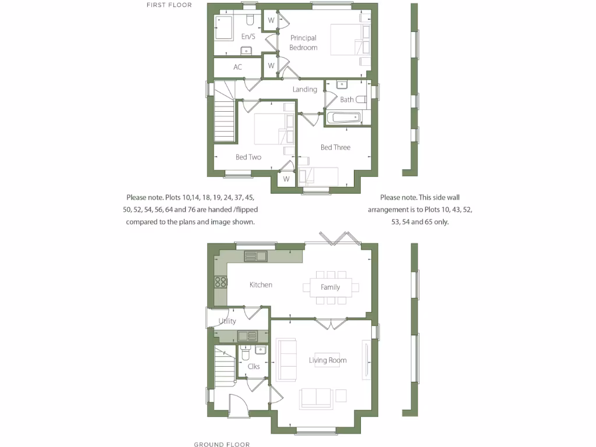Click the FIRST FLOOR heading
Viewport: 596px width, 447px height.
[x=169, y=5]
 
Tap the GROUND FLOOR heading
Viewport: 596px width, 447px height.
[x=222, y=444]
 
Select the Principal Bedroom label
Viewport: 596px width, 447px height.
[x=303, y=42]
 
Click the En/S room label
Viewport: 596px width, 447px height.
[x=248, y=37]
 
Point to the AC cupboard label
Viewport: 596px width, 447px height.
[x=237, y=68]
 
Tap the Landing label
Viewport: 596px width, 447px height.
[x=304, y=89]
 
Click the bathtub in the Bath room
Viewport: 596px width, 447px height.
[x=343, y=118]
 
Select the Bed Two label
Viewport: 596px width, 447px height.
[x=249, y=157]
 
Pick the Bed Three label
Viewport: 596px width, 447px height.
[x=335, y=148]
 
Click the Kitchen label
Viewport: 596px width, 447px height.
[x=261, y=285]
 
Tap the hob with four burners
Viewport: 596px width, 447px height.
[x=221, y=282]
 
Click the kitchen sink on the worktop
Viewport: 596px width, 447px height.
[x=255, y=256]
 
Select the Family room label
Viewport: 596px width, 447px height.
[x=330, y=287]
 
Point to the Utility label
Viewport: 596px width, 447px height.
[x=227, y=321]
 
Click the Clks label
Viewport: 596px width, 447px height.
[x=253, y=367]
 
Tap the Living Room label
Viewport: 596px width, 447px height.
[x=328, y=360]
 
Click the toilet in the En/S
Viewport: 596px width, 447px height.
[x=250, y=21]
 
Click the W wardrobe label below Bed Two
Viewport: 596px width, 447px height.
[x=286, y=179]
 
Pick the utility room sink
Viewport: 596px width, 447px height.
[x=247, y=336]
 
